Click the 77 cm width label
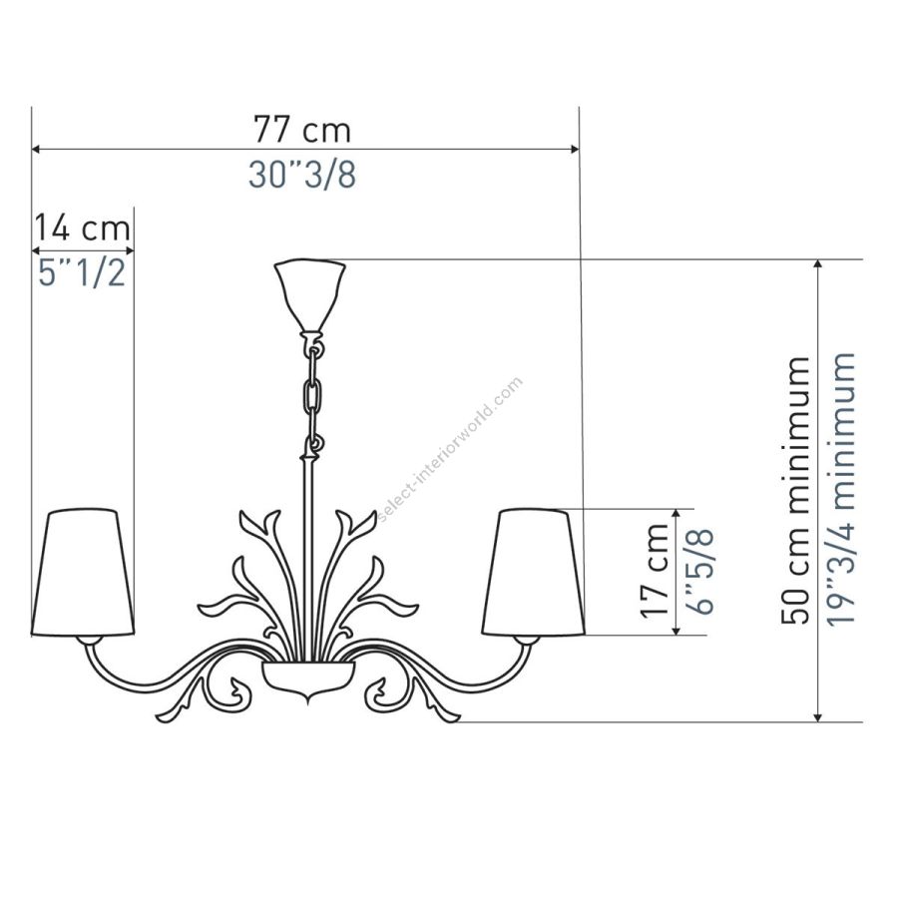(x=301, y=130)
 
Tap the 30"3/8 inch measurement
(x=301, y=174)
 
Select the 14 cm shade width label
(x=83, y=227)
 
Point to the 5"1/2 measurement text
(x=82, y=272)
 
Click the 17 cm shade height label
(x=655, y=571)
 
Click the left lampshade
(x=83, y=572)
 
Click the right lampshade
(x=534, y=572)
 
